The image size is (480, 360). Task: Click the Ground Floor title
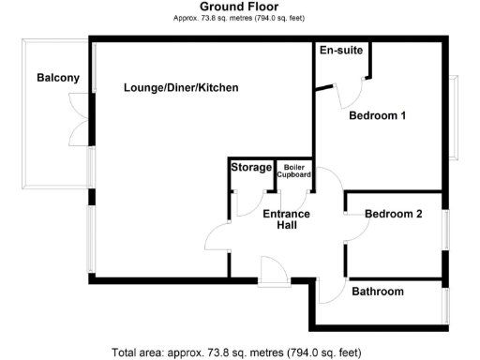pyautogui.click(x=239, y=7)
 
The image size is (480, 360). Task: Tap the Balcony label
pyautogui.click(x=58, y=78)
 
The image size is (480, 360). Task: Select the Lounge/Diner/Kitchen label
pyautogui.click(x=181, y=88)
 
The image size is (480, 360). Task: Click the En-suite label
pyautogui.click(x=339, y=50)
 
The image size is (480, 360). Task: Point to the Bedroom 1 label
pyautogui.click(x=377, y=116)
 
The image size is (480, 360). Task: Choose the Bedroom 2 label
pyautogui.click(x=393, y=214)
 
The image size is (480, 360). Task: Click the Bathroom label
pyautogui.click(x=378, y=292)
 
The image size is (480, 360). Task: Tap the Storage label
pyautogui.click(x=250, y=168)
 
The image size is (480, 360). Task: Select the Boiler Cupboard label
pyautogui.click(x=292, y=170)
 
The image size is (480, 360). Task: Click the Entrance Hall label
pyautogui.click(x=286, y=219)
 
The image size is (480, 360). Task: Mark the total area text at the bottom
pyautogui.click(x=236, y=352)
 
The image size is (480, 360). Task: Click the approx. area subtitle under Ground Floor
pyautogui.click(x=239, y=19)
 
